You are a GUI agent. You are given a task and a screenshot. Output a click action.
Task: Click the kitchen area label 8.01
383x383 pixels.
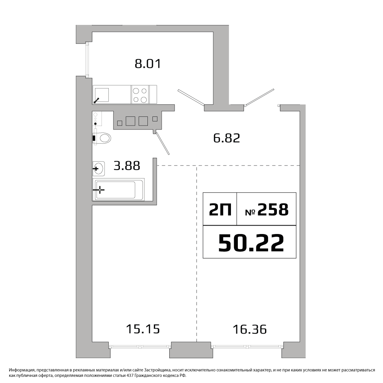(x=148, y=64)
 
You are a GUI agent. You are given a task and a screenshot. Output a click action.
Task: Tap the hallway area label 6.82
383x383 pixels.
(x=227, y=138)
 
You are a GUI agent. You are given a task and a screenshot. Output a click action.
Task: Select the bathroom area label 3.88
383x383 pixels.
(x=127, y=165)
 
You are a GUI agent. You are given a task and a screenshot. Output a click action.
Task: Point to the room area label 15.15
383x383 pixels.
(x=143, y=329)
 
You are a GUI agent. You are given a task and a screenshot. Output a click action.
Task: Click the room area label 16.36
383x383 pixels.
(x=250, y=329)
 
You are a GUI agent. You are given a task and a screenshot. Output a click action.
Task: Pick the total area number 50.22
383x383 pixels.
(x=251, y=242)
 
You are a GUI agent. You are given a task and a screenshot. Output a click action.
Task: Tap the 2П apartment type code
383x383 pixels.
(x=220, y=210)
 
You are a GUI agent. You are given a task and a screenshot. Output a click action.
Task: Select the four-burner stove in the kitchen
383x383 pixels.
(x=140, y=95)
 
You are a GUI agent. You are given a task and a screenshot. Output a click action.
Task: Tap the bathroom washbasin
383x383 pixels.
(x=99, y=169)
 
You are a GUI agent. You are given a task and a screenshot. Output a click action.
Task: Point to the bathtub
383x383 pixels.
(x=118, y=190)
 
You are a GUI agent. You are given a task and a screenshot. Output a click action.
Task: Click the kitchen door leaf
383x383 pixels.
(x=191, y=97)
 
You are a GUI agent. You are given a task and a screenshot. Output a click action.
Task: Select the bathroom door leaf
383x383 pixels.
(x=162, y=143)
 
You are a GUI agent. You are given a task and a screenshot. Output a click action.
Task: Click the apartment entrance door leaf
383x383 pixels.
(x=260, y=97)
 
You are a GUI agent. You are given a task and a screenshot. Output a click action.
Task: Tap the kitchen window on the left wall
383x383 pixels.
(x=87, y=59)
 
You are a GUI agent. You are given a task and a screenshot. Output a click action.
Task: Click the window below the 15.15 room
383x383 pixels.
(x=140, y=346)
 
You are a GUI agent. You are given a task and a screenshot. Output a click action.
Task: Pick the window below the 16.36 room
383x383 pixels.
(x=247, y=346)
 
